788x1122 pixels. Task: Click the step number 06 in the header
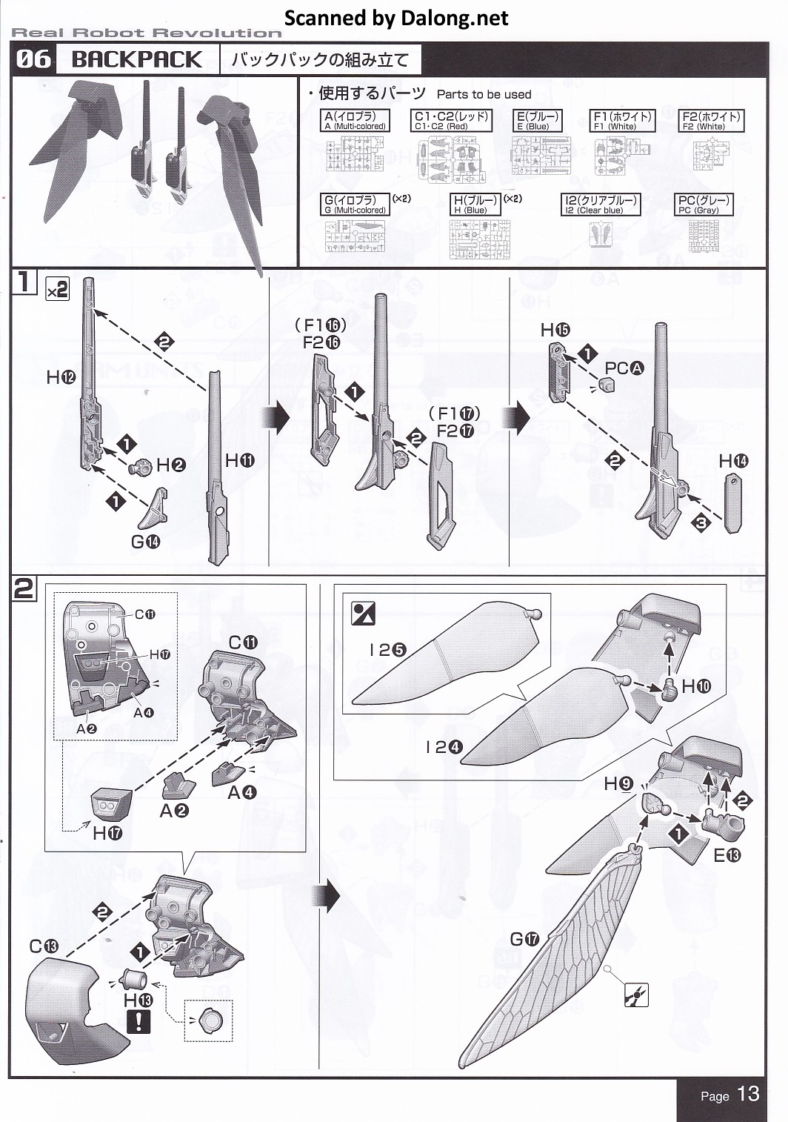(x=33, y=59)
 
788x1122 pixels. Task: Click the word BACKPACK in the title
(x=137, y=60)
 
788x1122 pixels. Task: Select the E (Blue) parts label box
(x=537, y=121)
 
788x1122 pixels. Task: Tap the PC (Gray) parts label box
(x=704, y=205)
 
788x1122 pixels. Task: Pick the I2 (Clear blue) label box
(x=600, y=205)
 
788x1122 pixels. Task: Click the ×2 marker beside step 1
(x=57, y=290)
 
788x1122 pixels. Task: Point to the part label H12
(x=61, y=378)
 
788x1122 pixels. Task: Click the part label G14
(x=145, y=542)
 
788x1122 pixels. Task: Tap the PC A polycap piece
(x=607, y=385)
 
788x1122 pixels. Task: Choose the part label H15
(x=555, y=330)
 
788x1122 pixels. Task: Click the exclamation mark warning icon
(x=138, y=1023)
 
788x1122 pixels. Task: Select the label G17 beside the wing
(x=524, y=939)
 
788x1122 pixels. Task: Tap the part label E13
(x=727, y=855)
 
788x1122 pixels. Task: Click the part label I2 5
(x=387, y=650)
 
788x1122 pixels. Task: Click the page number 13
(x=748, y=1095)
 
